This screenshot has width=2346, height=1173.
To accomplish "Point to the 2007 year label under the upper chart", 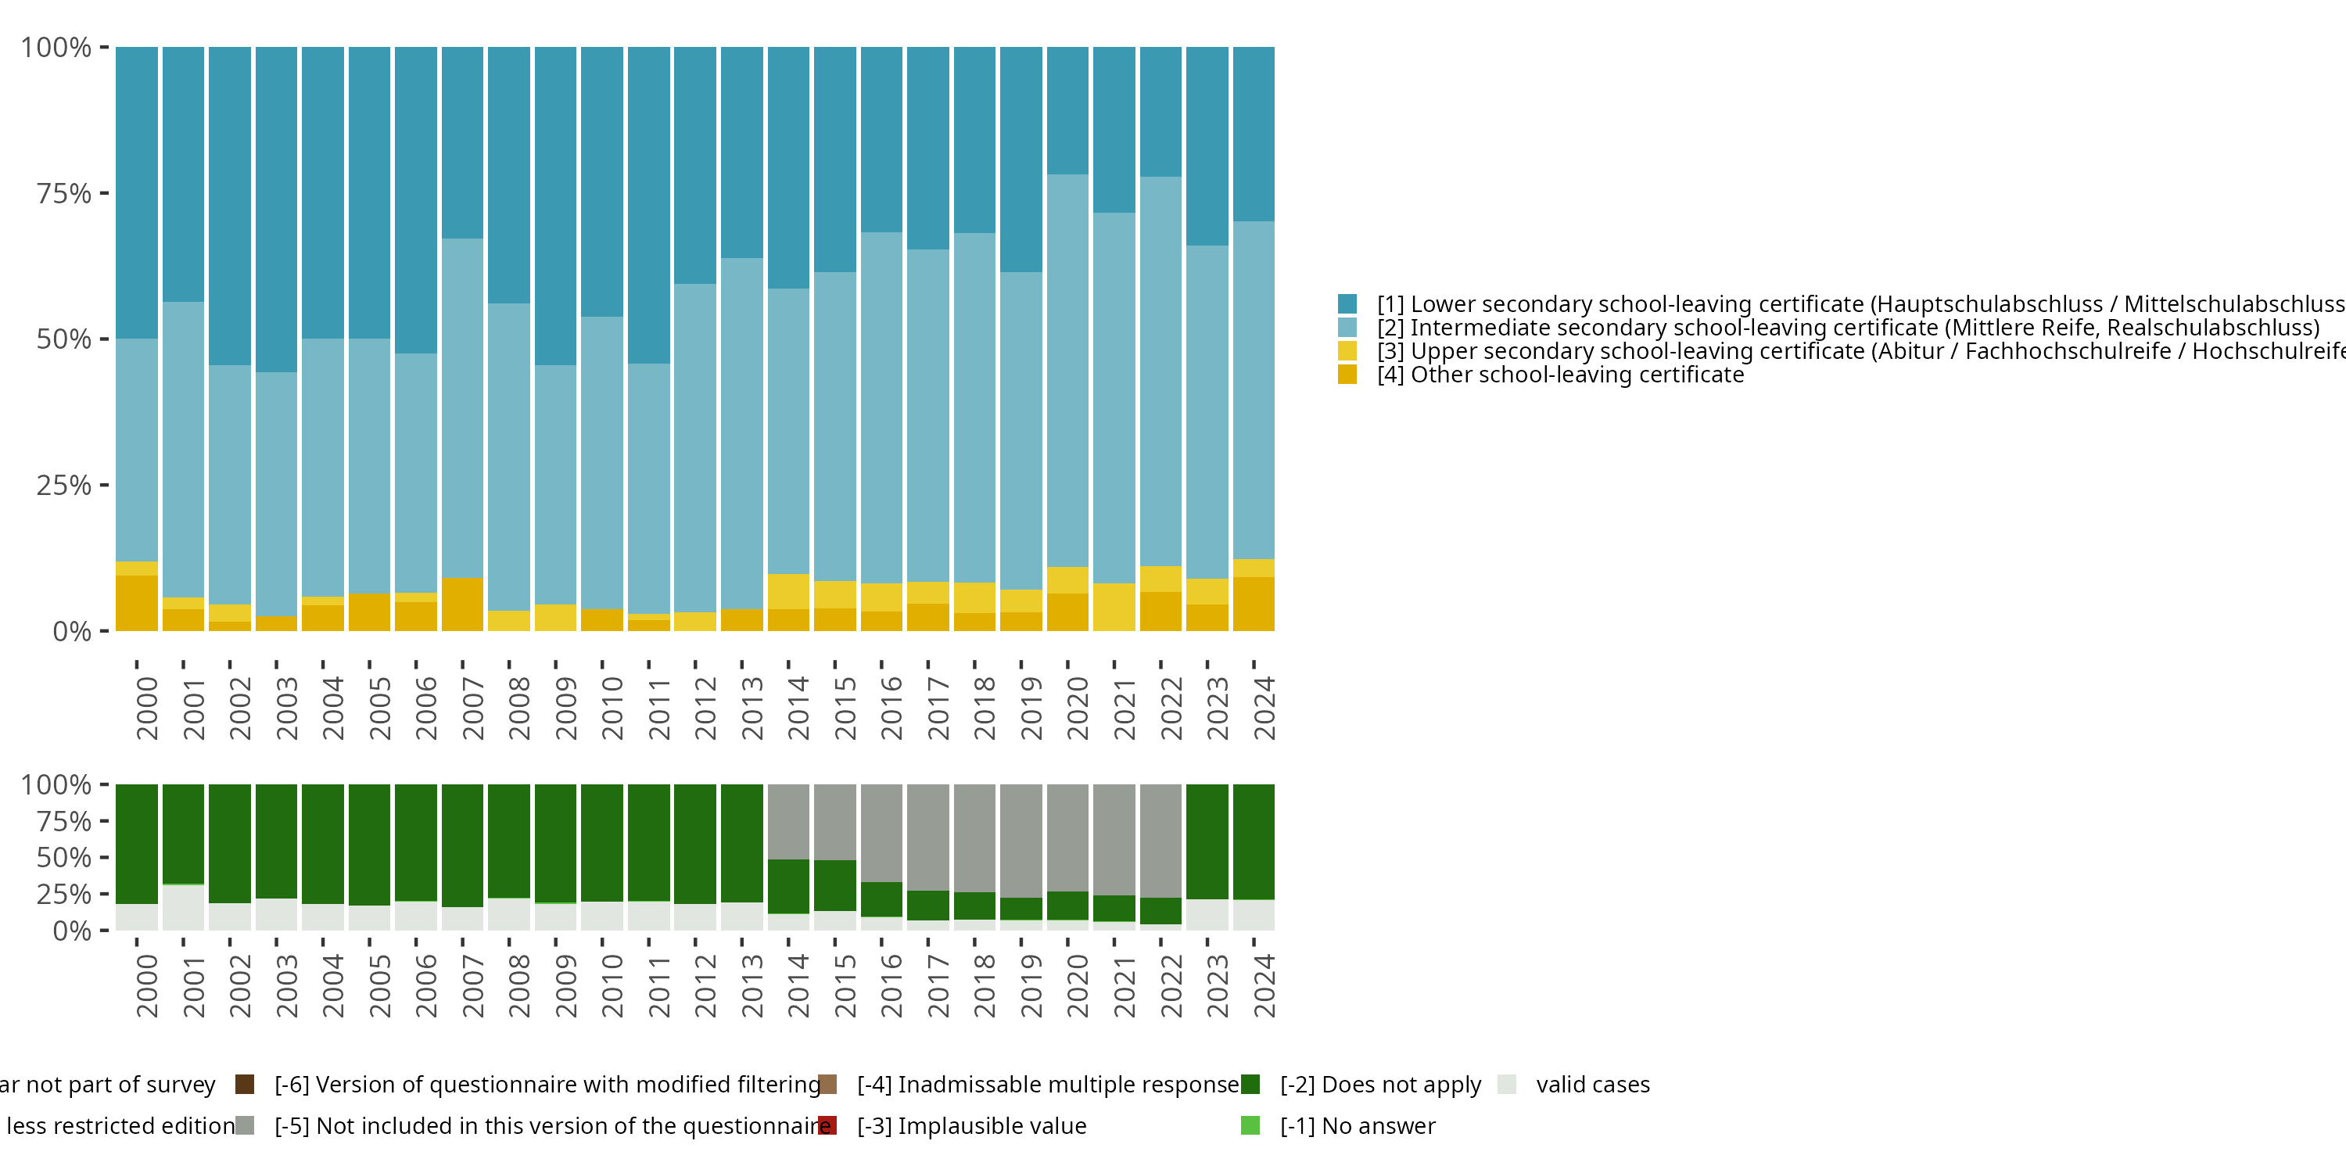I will coord(472,708).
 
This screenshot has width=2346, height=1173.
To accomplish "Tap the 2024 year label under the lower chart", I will coord(1264,985).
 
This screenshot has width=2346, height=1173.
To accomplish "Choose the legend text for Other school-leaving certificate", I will coord(1560,375).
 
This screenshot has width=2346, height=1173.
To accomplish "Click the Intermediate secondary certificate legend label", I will coord(1848,328).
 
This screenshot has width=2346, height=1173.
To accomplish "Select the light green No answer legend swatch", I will coord(1250,1125).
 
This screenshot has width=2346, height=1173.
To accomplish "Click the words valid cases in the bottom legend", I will coord(1593,1085).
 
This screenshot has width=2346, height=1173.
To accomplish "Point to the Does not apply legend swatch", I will coord(1250,1085).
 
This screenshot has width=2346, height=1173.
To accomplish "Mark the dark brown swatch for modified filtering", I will coord(244,1085).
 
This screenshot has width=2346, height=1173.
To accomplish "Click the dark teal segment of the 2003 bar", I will coord(276,210).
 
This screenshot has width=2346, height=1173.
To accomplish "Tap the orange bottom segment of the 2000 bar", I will coord(137,603).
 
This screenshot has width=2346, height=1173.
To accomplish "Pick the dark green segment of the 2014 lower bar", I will coord(789,886).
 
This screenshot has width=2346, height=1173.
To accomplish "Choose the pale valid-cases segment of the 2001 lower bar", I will coord(183,907).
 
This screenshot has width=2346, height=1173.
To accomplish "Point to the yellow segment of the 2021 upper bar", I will coord(1114,608).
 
